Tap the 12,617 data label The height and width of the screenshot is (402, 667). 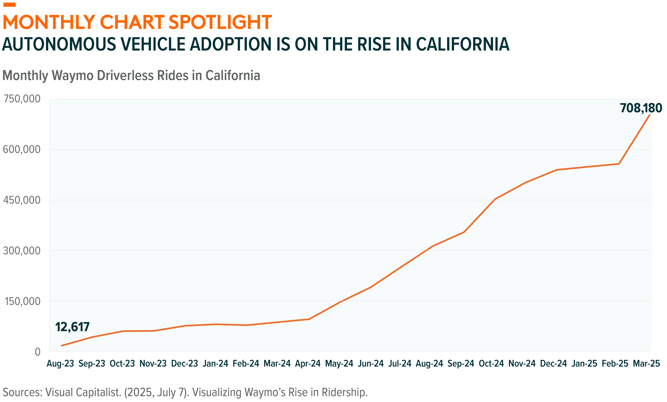coord(72,327)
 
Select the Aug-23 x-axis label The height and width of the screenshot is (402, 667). coord(60,363)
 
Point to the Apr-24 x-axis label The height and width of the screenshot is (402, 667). coord(308,363)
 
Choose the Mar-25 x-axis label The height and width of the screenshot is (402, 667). coord(646,363)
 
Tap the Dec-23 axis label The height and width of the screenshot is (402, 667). coord(185,363)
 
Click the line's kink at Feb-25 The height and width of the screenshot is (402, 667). coord(619,164)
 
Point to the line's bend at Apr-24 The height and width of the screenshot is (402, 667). coord(309,319)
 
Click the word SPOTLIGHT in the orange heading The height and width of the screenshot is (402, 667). coord(220,22)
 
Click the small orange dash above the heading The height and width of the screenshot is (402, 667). coord(9,5)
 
